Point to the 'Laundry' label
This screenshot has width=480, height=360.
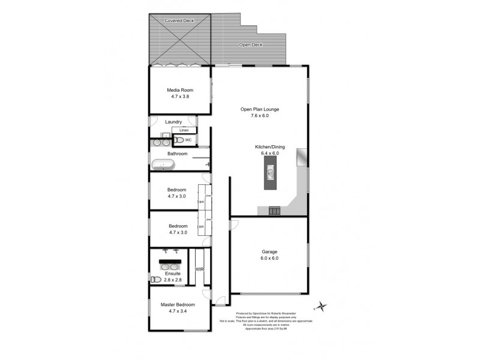click(173, 122)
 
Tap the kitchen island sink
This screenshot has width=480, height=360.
click(270, 174)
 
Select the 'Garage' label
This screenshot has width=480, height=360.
click(269, 251)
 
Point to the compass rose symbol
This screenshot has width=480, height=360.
click(323, 307)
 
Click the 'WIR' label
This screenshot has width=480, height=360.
click(200, 269)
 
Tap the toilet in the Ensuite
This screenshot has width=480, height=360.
click(155, 280)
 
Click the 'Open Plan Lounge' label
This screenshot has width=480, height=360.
click(260, 109)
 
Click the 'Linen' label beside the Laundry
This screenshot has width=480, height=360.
click(184, 130)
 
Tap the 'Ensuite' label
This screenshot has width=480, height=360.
click(173, 274)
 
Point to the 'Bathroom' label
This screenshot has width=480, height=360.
click(178, 154)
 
